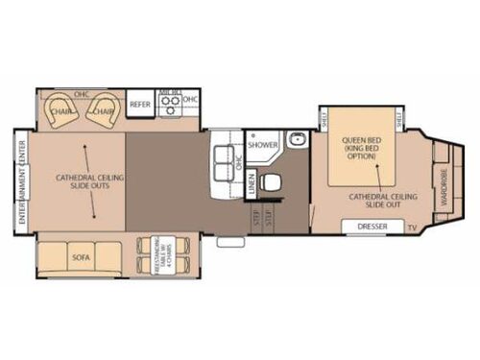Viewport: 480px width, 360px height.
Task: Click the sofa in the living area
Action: coord(80,257)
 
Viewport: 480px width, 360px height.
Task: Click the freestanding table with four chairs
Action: coord(152,256)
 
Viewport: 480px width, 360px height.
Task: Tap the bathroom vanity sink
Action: coord(299,140)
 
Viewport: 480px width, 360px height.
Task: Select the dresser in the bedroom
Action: coord(372,228)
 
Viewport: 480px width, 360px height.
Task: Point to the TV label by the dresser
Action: coord(411,228)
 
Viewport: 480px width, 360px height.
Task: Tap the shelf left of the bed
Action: coord(324,118)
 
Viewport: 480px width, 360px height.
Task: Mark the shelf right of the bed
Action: coord(399,118)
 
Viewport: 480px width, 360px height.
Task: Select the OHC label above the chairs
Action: coord(83,94)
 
